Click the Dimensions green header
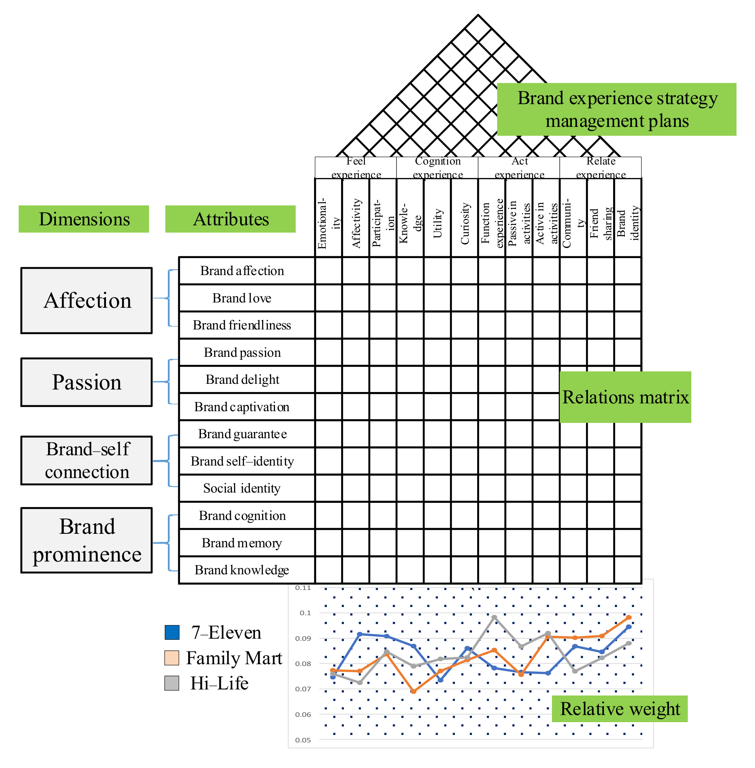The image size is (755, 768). pos(84,219)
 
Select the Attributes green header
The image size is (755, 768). pos(230,219)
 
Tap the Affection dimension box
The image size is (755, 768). pos(86,300)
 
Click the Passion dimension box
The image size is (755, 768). pos(86,382)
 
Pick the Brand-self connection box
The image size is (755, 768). pos(86,461)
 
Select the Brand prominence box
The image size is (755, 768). pos(86,540)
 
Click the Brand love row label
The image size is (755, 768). pos(242,298)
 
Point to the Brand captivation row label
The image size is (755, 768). pos(242,407)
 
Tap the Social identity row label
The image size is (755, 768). pos(242,488)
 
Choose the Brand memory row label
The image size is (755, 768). pos(242,543)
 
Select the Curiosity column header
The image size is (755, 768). pos(465,224)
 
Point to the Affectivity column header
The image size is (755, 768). pos(356,223)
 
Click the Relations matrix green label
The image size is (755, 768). pos(625,397)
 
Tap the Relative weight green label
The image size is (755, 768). pos(620,709)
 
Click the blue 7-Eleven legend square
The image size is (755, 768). pos(172,632)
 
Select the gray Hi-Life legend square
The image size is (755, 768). pos(172,683)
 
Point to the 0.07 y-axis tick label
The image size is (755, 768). pos(303,689)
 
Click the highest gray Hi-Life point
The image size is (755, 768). pos(494,617)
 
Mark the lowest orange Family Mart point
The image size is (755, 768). pos(414,691)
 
